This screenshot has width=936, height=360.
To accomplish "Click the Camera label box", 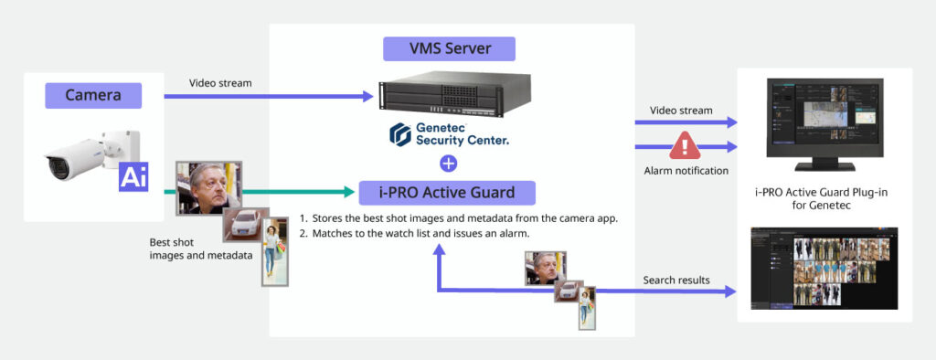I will (92, 95).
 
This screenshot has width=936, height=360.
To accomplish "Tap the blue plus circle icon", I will (448, 164).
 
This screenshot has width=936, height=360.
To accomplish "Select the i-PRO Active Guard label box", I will (448, 192).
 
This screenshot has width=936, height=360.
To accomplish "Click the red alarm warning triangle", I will (684, 145).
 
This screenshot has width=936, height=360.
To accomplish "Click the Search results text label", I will (677, 280).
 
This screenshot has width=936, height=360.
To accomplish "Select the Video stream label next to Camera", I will (220, 83).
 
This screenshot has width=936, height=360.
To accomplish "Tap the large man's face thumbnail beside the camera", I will (207, 187).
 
